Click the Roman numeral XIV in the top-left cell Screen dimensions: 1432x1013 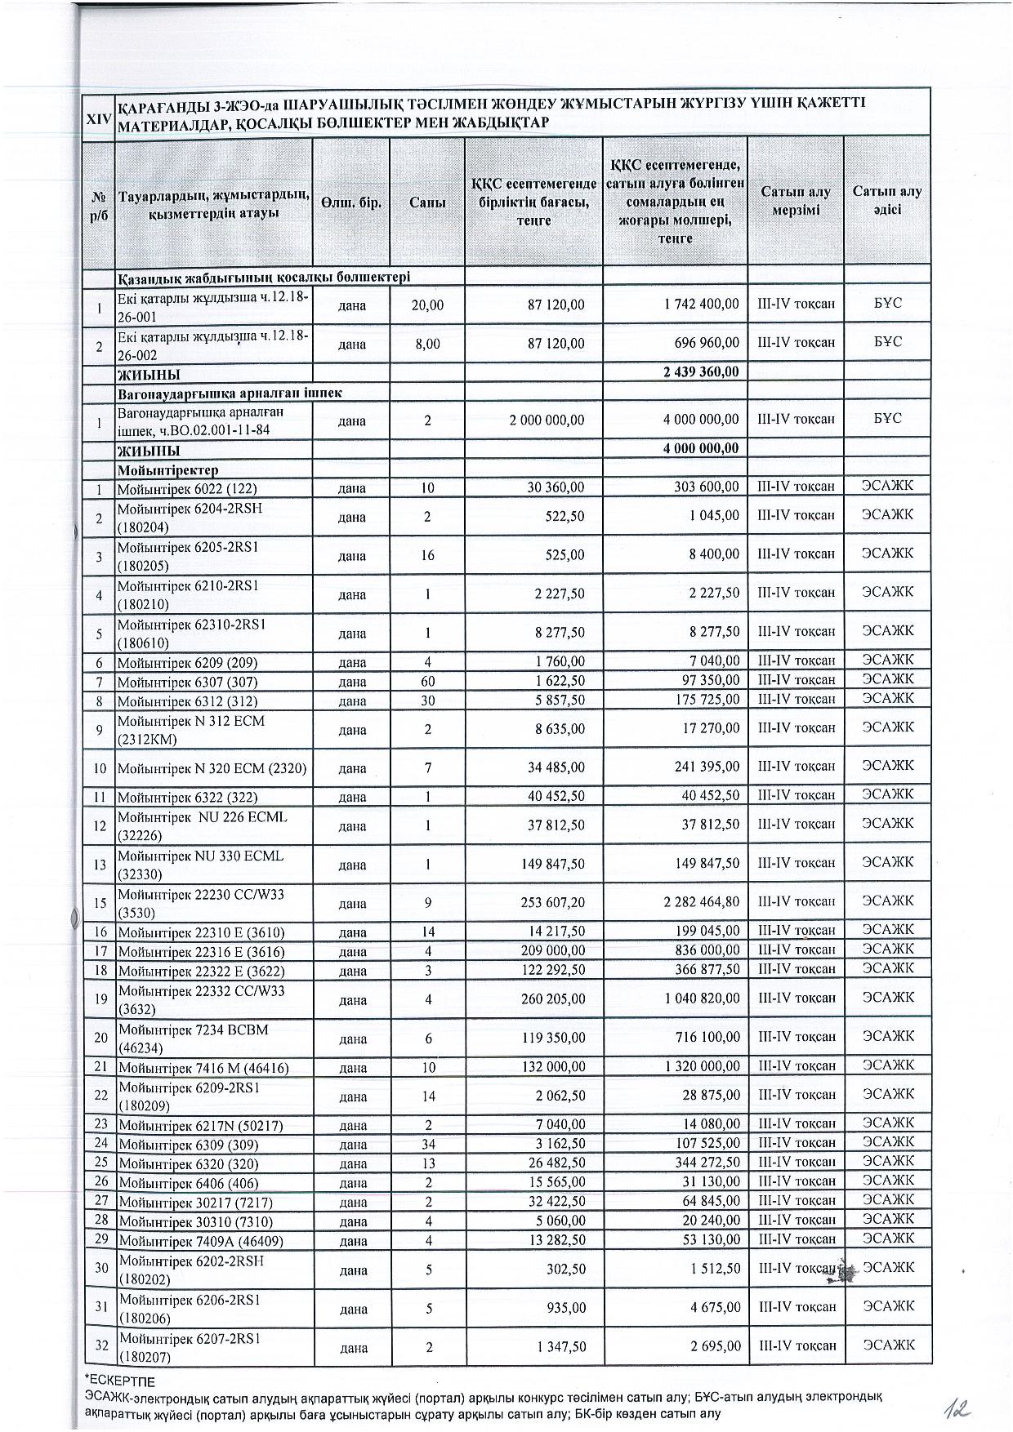pyautogui.click(x=99, y=118)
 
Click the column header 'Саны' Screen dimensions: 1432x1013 pyautogui.click(x=427, y=202)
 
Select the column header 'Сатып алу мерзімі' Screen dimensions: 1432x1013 pyautogui.click(x=796, y=201)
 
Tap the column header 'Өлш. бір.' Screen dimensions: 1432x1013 pyautogui.click(x=351, y=202)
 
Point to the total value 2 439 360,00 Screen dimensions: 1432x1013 pyautogui.click(x=703, y=372)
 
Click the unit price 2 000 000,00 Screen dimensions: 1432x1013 pyautogui.click(x=547, y=420)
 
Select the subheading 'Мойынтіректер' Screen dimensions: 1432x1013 pyautogui.click(x=168, y=470)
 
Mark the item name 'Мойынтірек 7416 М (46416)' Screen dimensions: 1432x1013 pyautogui.click(x=203, y=1068)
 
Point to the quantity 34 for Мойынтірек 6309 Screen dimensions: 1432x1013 pyautogui.click(x=428, y=1144)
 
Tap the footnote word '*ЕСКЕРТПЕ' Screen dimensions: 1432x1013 pyautogui.click(x=120, y=1381)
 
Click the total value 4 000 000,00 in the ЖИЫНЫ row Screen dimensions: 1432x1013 pyautogui.click(x=703, y=448)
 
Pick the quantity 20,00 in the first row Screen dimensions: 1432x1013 pyautogui.click(x=428, y=305)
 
